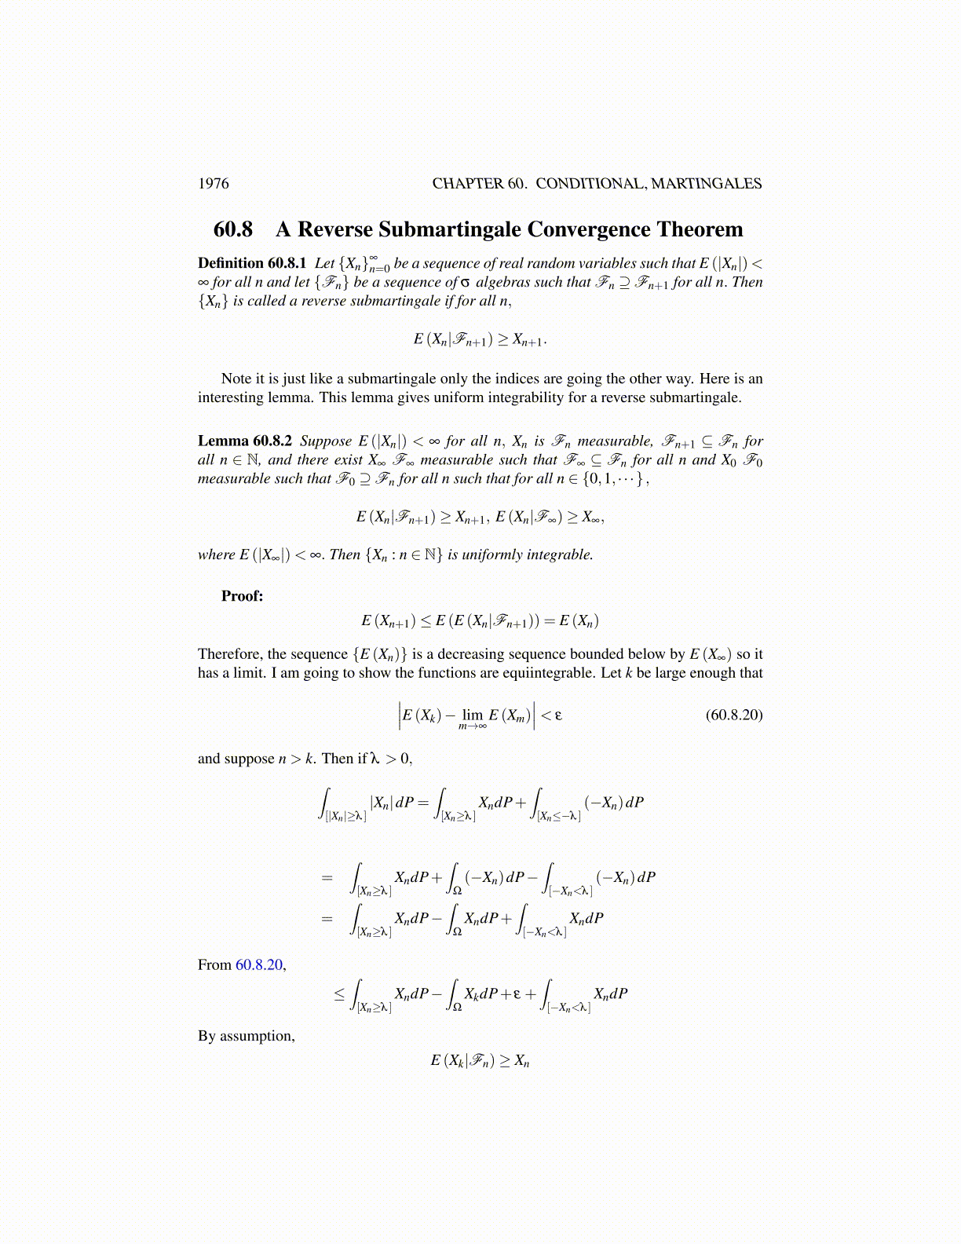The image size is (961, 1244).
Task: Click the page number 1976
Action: click(214, 184)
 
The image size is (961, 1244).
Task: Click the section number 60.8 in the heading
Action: click(233, 229)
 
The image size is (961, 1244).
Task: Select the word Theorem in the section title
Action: click(700, 229)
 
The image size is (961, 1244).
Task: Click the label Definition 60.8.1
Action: click(252, 263)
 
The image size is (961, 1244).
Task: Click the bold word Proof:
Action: click(243, 596)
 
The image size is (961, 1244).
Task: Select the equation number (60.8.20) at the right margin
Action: click(734, 715)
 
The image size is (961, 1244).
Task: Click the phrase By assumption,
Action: click(247, 1036)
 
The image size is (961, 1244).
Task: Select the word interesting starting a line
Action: click(229, 397)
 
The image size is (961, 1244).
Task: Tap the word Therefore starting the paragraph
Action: click(229, 654)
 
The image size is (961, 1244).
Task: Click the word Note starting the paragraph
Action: click(236, 379)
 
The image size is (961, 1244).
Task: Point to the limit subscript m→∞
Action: click(472, 726)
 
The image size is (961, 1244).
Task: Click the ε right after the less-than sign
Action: click(558, 715)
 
